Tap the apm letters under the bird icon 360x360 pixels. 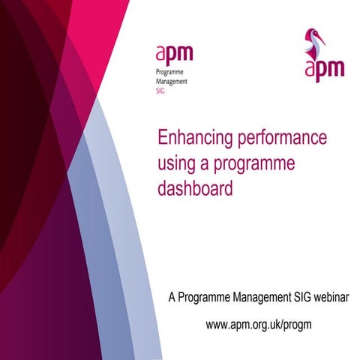tap(325, 69)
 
